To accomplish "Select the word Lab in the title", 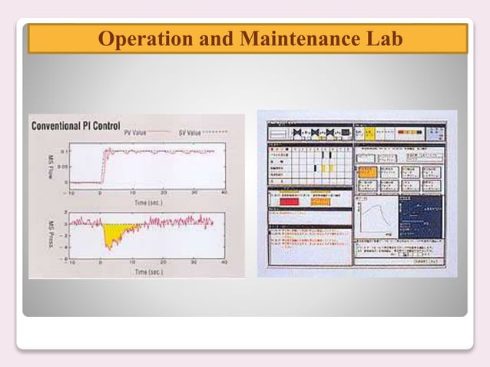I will pos(382,38).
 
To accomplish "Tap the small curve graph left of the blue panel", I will pos(376,218).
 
